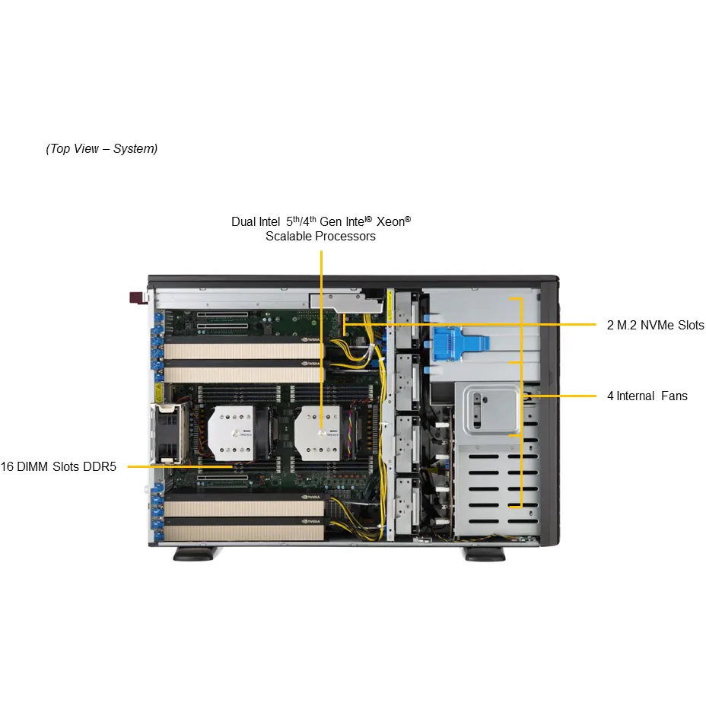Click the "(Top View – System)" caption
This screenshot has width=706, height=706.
(x=102, y=148)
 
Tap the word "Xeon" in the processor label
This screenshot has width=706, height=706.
(x=390, y=221)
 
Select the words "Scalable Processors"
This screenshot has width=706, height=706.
(x=320, y=236)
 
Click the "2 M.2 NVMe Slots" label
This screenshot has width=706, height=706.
(x=655, y=325)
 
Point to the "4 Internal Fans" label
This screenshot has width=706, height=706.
(x=647, y=396)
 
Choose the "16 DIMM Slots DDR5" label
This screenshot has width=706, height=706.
(x=58, y=466)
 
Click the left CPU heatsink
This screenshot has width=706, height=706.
(x=231, y=433)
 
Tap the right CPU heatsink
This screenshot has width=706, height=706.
(x=317, y=433)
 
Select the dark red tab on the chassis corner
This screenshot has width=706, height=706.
(x=135, y=297)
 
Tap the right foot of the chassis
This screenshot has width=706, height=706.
(x=485, y=554)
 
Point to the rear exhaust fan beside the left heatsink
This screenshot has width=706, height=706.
(x=167, y=434)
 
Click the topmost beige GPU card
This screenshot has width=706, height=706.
(x=243, y=350)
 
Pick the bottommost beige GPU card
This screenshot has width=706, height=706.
(x=243, y=533)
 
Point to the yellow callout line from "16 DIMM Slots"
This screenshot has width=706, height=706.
(x=180, y=467)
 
